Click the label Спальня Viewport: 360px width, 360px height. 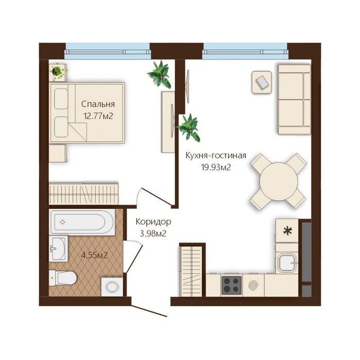point(98,104)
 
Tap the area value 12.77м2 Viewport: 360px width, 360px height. point(98,116)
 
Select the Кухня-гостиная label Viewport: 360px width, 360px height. point(216,156)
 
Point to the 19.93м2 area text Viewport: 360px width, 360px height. point(216,167)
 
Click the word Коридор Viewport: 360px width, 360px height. point(153,222)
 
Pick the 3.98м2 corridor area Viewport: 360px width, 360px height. point(153,233)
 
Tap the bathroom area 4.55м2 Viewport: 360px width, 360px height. point(94,255)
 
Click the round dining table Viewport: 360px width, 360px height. point(279,182)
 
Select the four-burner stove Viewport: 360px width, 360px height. point(231,285)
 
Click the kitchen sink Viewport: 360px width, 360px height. point(287,263)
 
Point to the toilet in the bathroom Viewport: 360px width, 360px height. point(62,278)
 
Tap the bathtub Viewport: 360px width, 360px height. point(82,222)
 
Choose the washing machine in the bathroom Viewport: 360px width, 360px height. point(112,287)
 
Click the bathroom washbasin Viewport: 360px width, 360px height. point(58,248)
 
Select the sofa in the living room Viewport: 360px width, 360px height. point(294,99)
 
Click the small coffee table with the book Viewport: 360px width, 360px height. point(261,82)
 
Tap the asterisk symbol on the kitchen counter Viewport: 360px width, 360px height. point(287,231)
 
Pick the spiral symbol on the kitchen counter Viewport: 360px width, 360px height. point(253,285)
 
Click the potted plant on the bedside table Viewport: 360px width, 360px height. point(57,72)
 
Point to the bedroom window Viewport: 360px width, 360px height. point(107,51)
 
